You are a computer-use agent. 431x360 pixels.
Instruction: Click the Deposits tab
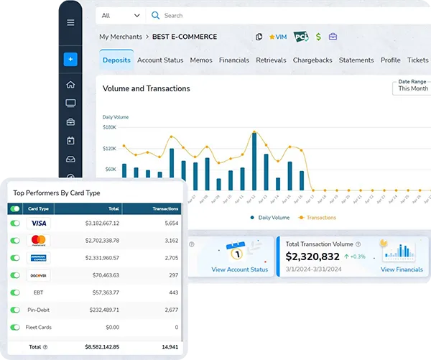(x=116, y=60)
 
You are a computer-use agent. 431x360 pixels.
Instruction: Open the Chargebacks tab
(x=312, y=60)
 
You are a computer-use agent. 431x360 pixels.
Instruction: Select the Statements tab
(x=356, y=60)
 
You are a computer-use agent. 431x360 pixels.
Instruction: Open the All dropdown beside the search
(x=121, y=15)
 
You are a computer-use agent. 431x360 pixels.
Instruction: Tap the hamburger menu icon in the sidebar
(x=70, y=22)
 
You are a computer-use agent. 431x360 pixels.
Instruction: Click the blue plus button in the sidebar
(x=70, y=60)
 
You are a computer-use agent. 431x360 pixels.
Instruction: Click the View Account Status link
(x=240, y=269)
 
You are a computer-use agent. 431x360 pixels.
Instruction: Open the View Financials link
(x=402, y=269)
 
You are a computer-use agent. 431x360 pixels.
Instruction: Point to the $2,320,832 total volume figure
(x=312, y=257)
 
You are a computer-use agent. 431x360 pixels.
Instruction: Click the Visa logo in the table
(x=39, y=223)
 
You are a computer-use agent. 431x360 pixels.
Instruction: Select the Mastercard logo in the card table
(x=39, y=240)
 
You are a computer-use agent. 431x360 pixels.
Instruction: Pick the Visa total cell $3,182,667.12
(x=101, y=223)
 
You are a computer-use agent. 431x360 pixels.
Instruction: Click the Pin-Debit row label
(x=39, y=310)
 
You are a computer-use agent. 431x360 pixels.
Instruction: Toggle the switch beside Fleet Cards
(x=15, y=327)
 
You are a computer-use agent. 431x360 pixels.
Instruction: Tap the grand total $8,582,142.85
(x=101, y=346)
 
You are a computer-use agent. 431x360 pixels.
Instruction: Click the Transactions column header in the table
(x=165, y=208)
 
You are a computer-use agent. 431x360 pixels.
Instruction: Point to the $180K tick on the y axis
(x=110, y=127)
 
